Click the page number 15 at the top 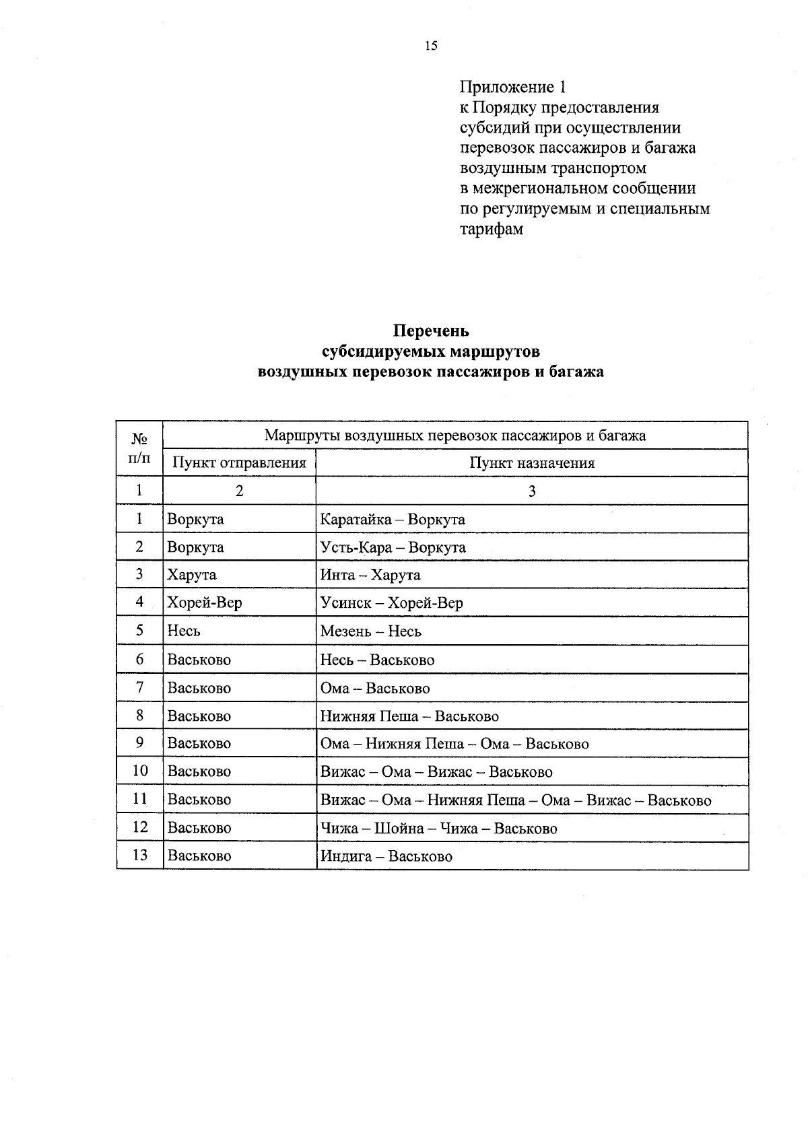pos(431,46)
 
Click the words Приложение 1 pos(512,87)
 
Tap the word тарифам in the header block pos(491,229)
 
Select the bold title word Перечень pos(431,331)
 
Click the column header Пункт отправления pos(239,463)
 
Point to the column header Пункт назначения pos(532,463)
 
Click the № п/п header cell pos(139,449)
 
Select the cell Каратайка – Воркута pos(393,520)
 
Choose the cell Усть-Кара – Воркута pos(393,547)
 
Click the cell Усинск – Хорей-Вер pos(392,603)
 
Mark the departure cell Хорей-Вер pos(205,603)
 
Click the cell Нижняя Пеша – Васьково pos(409,716)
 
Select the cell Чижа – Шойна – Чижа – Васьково pos(439,829)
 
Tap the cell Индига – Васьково pos(386,856)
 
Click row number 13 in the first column pos(139,856)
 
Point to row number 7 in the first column pos(139,687)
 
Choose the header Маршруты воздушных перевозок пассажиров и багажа pos(455,436)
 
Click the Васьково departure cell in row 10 pos(199,771)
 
